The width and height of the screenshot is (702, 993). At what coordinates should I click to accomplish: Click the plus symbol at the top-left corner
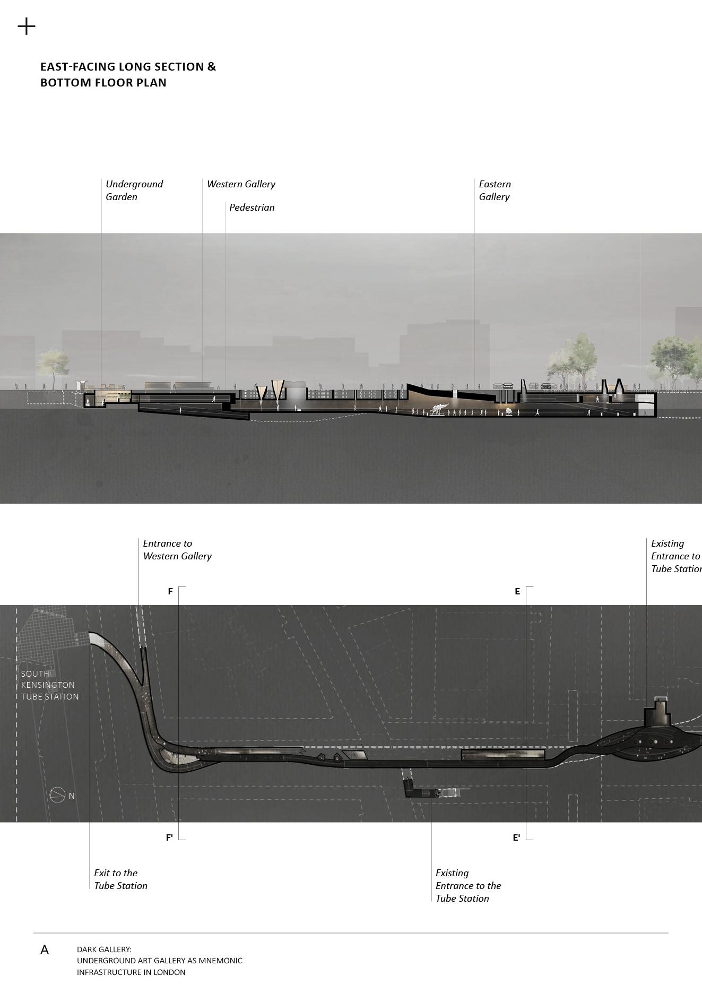[27, 26]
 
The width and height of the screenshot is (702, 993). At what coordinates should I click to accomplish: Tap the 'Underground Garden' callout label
[134, 190]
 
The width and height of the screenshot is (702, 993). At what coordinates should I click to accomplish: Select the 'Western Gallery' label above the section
[241, 184]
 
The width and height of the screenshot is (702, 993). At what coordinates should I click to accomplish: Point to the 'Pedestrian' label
[252, 208]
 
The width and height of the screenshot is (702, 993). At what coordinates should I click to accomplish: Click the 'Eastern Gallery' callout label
[495, 190]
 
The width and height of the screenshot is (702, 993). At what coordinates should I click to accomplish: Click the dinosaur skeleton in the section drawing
[439, 409]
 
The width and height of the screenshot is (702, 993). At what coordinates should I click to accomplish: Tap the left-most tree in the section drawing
[53, 365]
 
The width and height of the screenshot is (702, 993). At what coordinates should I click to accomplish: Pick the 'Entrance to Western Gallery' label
[177, 550]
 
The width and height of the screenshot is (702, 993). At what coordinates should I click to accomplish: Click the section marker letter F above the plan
[170, 591]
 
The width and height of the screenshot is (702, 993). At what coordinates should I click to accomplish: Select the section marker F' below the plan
[169, 837]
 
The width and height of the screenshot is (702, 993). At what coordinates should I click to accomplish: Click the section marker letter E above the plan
[517, 591]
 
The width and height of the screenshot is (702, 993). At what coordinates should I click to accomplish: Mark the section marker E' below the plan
[516, 837]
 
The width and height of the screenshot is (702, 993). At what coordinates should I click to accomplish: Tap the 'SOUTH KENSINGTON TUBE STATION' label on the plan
[49, 685]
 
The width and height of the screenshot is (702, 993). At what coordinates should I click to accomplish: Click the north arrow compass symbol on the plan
[58, 795]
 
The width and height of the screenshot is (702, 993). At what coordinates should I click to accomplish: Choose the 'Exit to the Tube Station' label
[120, 879]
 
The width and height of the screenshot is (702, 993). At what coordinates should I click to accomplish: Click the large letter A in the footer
[45, 950]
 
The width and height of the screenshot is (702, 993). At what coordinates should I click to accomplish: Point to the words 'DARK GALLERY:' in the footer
[104, 949]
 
